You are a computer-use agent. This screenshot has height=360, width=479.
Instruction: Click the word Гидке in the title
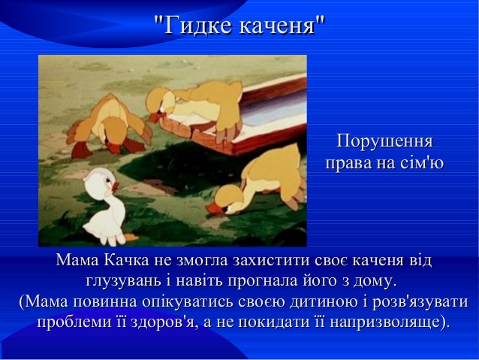point(198,25)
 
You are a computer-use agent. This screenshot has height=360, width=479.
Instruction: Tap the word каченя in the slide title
point(277,25)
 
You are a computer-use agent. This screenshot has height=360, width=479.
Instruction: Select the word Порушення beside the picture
point(384,142)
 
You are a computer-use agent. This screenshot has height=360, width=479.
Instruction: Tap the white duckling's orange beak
point(115,186)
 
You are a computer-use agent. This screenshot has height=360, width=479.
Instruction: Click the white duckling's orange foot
point(131,237)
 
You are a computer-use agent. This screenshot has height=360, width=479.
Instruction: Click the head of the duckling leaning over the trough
point(159,104)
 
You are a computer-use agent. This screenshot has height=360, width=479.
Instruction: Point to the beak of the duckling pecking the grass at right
point(213,209)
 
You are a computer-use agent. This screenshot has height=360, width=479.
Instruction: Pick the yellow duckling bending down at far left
point(109,126)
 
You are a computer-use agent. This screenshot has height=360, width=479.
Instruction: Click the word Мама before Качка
point(77,260)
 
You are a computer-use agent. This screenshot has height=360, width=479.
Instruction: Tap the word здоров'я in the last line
point(162,322)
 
